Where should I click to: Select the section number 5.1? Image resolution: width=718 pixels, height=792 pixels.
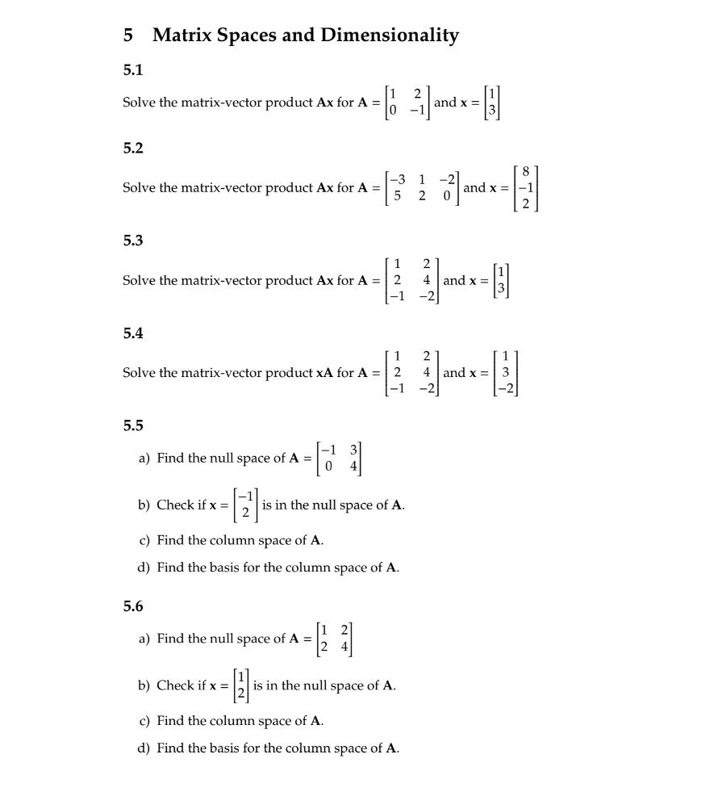pos(132,70)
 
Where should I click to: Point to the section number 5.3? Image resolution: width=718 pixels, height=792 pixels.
pos(132,240)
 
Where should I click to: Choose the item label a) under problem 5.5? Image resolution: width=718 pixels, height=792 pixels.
pos(144,458)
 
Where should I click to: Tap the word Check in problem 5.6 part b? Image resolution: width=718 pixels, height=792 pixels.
pos(175,685)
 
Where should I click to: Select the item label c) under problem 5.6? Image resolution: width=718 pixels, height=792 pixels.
pos(144,720)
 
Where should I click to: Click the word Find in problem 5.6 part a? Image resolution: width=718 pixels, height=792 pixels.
pos(169,639)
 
